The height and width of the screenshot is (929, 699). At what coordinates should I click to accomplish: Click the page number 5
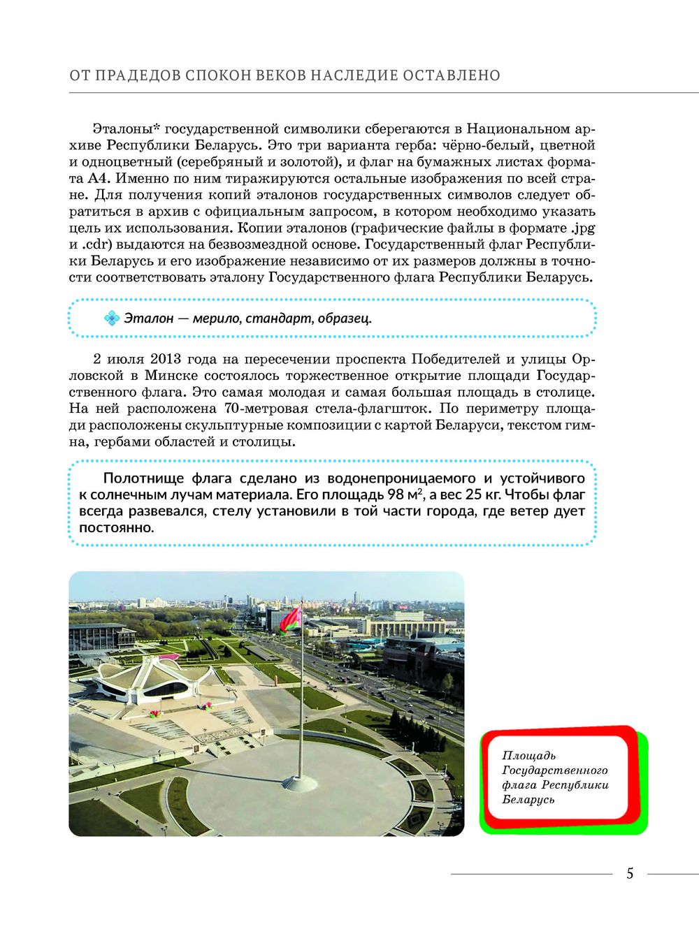[x=630, y=873]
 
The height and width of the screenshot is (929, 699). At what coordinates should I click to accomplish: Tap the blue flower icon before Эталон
[x=112, y=319]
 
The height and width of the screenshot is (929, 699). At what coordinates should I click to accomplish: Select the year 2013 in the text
[x=166, y=359]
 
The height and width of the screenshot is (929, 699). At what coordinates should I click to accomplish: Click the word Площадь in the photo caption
[x=529, y=755]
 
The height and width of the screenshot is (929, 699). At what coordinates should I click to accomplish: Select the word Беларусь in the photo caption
[x=528, y=800]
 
